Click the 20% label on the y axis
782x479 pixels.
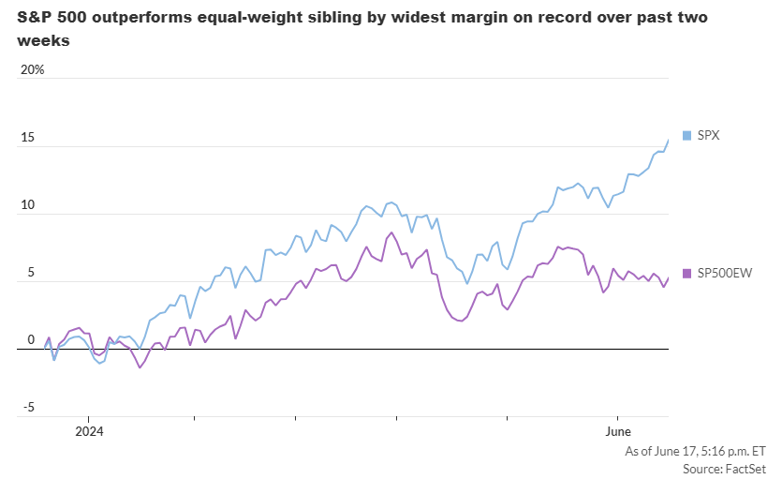[32, 70]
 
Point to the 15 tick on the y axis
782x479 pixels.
[28, 138]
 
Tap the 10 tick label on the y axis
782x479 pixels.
[28, 205]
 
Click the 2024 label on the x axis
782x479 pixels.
[89, 431]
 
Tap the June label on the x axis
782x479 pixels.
[617, 431]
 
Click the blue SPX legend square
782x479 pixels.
[687, 136]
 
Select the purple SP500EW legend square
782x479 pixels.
[687, 273]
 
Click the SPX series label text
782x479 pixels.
[708, 136]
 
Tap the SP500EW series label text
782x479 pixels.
[724, 273]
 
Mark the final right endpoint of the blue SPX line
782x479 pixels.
[669, 140]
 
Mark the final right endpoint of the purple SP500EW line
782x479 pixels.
[669, 277]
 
